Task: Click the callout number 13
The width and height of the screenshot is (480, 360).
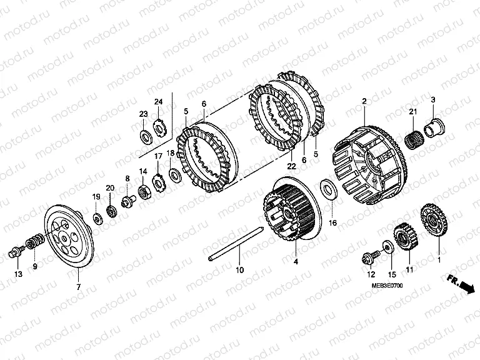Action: click(19, 274)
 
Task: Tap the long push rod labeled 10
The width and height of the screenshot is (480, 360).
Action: click(236, 243)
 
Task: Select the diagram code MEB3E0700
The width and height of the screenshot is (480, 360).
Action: click(387, 286)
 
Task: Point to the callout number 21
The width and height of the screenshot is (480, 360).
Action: click(413, 112)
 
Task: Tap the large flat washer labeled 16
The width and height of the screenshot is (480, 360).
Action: click(329, 191)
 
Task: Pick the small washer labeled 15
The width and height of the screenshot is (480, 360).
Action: click(388, 247)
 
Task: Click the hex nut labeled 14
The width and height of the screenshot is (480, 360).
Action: click(144, 193)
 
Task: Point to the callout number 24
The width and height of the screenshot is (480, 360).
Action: click(158, 102)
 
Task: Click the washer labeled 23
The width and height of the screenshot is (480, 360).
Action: click(145, 137)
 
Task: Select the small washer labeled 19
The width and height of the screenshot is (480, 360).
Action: click(97, 219)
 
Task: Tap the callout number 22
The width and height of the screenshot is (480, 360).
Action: click(291, 166)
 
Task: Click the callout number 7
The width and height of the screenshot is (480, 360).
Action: click(78, 287)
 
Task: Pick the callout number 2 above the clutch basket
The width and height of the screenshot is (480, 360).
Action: click(364, 101)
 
